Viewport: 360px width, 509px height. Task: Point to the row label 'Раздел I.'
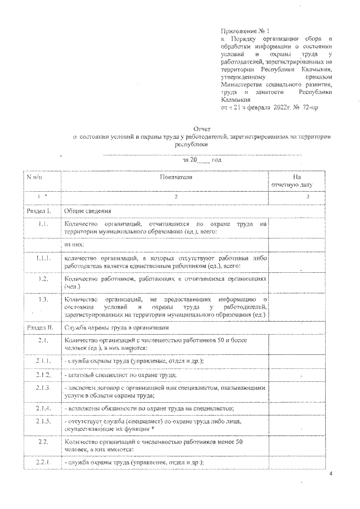click(39, 210)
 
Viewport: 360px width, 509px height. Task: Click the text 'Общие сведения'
click(84, 210)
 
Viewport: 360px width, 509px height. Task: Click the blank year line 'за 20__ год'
click(201, 160)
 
